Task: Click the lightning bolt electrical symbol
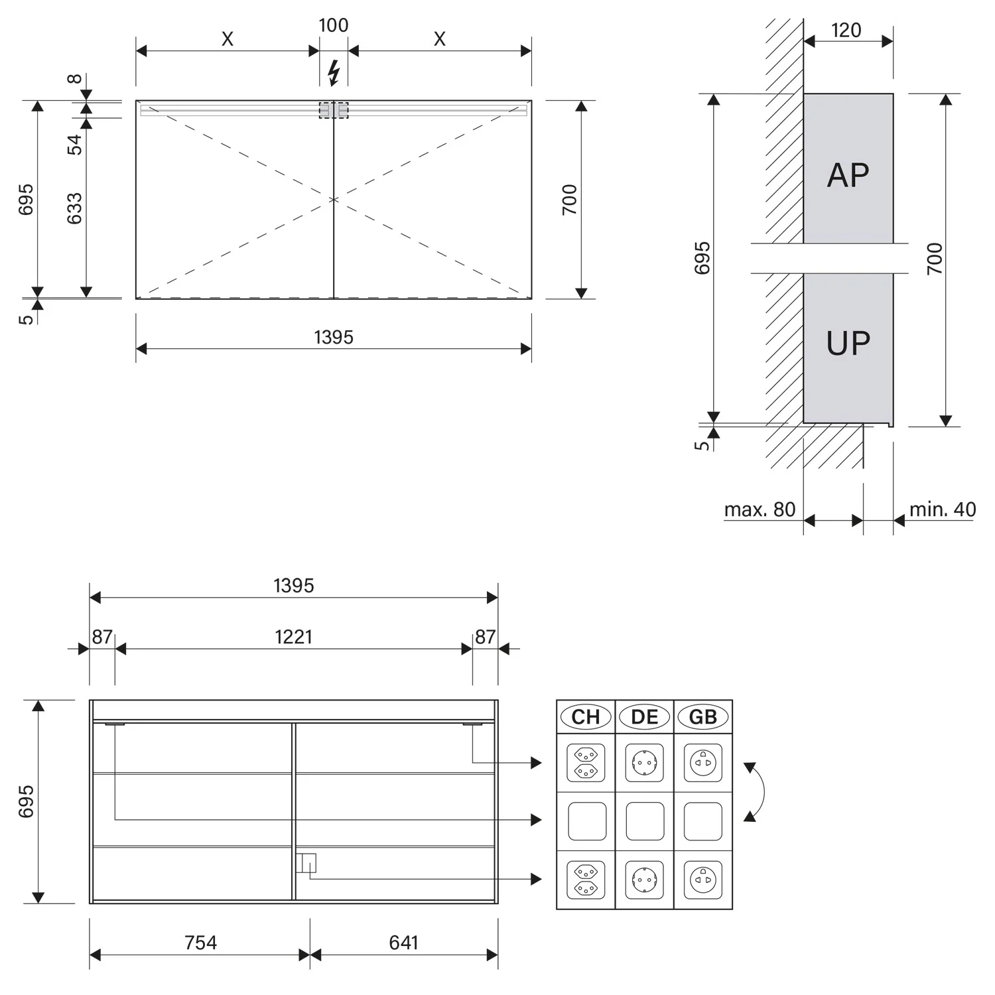[x=334, y=72]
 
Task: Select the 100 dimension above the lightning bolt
[x=333, y=25]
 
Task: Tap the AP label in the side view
[x=848, y=175]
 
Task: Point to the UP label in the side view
[x=848, y=343]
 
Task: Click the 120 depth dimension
[x=846, y=30]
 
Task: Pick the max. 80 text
[x=760, y=509]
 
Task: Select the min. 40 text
[x=943, y=509]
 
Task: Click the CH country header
[x=586, y=717]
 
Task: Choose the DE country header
[x=645, y=717]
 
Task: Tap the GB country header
[x=703, y=717]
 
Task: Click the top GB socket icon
[x=703, y=763]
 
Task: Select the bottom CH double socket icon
[x=586, y=880]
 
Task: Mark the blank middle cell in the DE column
[x=645, y=821]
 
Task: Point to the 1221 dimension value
[x=293, y=637]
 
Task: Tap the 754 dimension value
[x=200, y=943]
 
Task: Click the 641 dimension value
[x=403, y=943]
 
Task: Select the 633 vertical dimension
[x=74, y=208]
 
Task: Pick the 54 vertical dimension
[x=74, y=144]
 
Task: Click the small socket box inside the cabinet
[x=306, y=863]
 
